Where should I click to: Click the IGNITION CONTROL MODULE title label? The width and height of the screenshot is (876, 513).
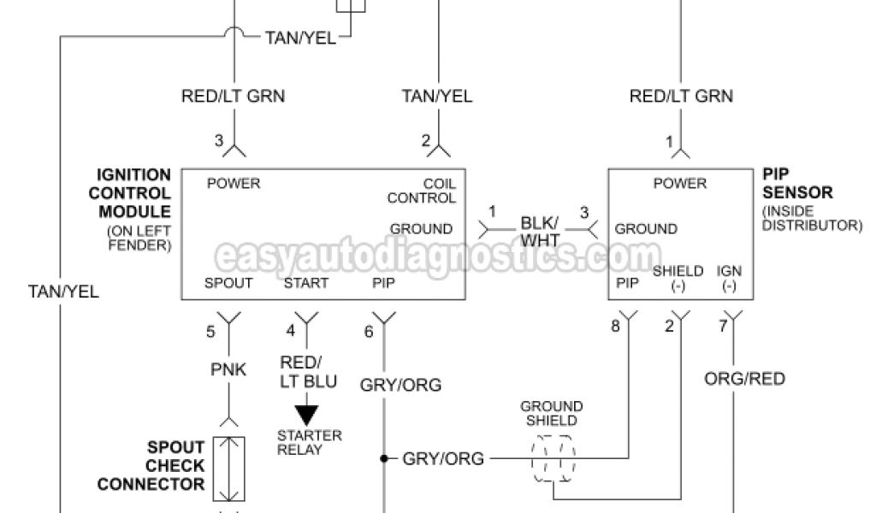click(134, 192)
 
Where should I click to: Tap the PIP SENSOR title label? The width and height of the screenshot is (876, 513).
click(796, 183)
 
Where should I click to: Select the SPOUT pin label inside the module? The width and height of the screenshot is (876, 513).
click(228, 283)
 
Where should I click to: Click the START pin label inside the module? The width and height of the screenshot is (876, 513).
click(305, 283)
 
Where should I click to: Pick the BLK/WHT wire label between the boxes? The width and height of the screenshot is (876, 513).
click(542, 231)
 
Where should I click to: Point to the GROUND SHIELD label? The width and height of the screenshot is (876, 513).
click(552, 413)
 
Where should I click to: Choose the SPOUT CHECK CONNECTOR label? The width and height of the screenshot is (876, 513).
click(152, 466)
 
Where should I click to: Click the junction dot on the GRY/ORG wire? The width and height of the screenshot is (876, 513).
click(384, 459)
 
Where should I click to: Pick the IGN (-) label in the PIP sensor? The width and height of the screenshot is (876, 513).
click(729, 279)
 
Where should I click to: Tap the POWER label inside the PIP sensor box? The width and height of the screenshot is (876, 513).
click(680, 183)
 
